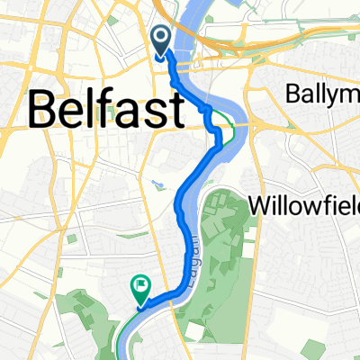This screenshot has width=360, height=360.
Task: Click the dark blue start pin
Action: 162,40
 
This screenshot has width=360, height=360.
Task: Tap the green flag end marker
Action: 139,291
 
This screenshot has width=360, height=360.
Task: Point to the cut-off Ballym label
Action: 321,93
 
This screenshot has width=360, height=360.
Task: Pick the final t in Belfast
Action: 176,110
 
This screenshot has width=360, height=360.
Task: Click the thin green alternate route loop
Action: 233,129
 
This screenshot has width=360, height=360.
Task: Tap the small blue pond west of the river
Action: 159,180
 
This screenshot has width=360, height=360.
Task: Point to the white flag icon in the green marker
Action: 140,288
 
